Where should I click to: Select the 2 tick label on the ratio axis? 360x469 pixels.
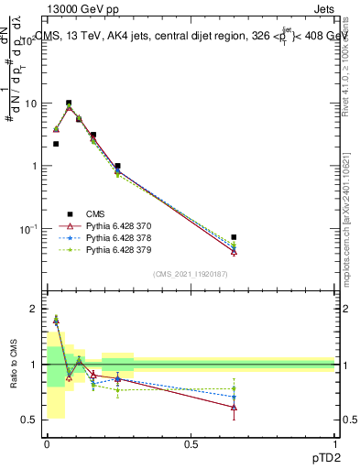pos(37,310)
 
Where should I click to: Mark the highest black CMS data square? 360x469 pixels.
pos(69,104)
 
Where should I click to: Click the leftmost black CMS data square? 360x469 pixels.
pos(56,144)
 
